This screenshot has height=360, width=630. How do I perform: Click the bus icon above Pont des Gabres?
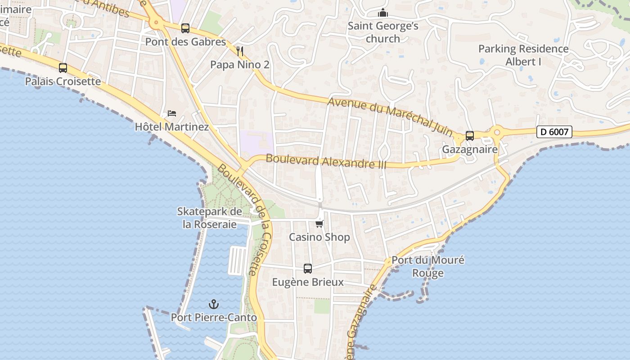pos(185,28)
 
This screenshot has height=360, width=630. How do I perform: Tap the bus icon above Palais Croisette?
pos(63,68)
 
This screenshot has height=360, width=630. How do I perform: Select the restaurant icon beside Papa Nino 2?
pos(240,51)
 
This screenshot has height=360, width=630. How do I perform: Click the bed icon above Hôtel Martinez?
pos(171,113)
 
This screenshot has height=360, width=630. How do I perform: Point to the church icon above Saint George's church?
pos(383,13)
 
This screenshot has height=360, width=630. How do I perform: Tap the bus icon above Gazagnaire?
pos(470,135)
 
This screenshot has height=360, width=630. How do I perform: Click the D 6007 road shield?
pos(554,132)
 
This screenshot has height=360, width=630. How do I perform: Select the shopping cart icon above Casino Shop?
pos(319,223)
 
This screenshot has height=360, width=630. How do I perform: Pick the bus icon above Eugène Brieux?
pos(308,269)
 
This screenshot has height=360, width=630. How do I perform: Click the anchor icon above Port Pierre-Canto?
pos(214,304)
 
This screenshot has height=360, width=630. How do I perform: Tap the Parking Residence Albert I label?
pos(523,55)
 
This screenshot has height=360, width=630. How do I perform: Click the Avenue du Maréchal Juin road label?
pos(390,115)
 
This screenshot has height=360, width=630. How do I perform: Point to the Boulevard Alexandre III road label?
pos(326,161)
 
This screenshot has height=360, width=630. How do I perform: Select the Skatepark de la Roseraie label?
pos(210,217)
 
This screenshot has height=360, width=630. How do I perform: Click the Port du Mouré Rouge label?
pos(428,266)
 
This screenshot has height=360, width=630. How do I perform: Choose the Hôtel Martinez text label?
pos(172,127)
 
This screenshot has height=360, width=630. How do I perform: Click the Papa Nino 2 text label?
pos(240,65)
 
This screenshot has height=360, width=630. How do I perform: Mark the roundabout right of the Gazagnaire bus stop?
pos(497,132)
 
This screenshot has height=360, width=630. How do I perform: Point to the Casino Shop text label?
pos(319,237)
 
